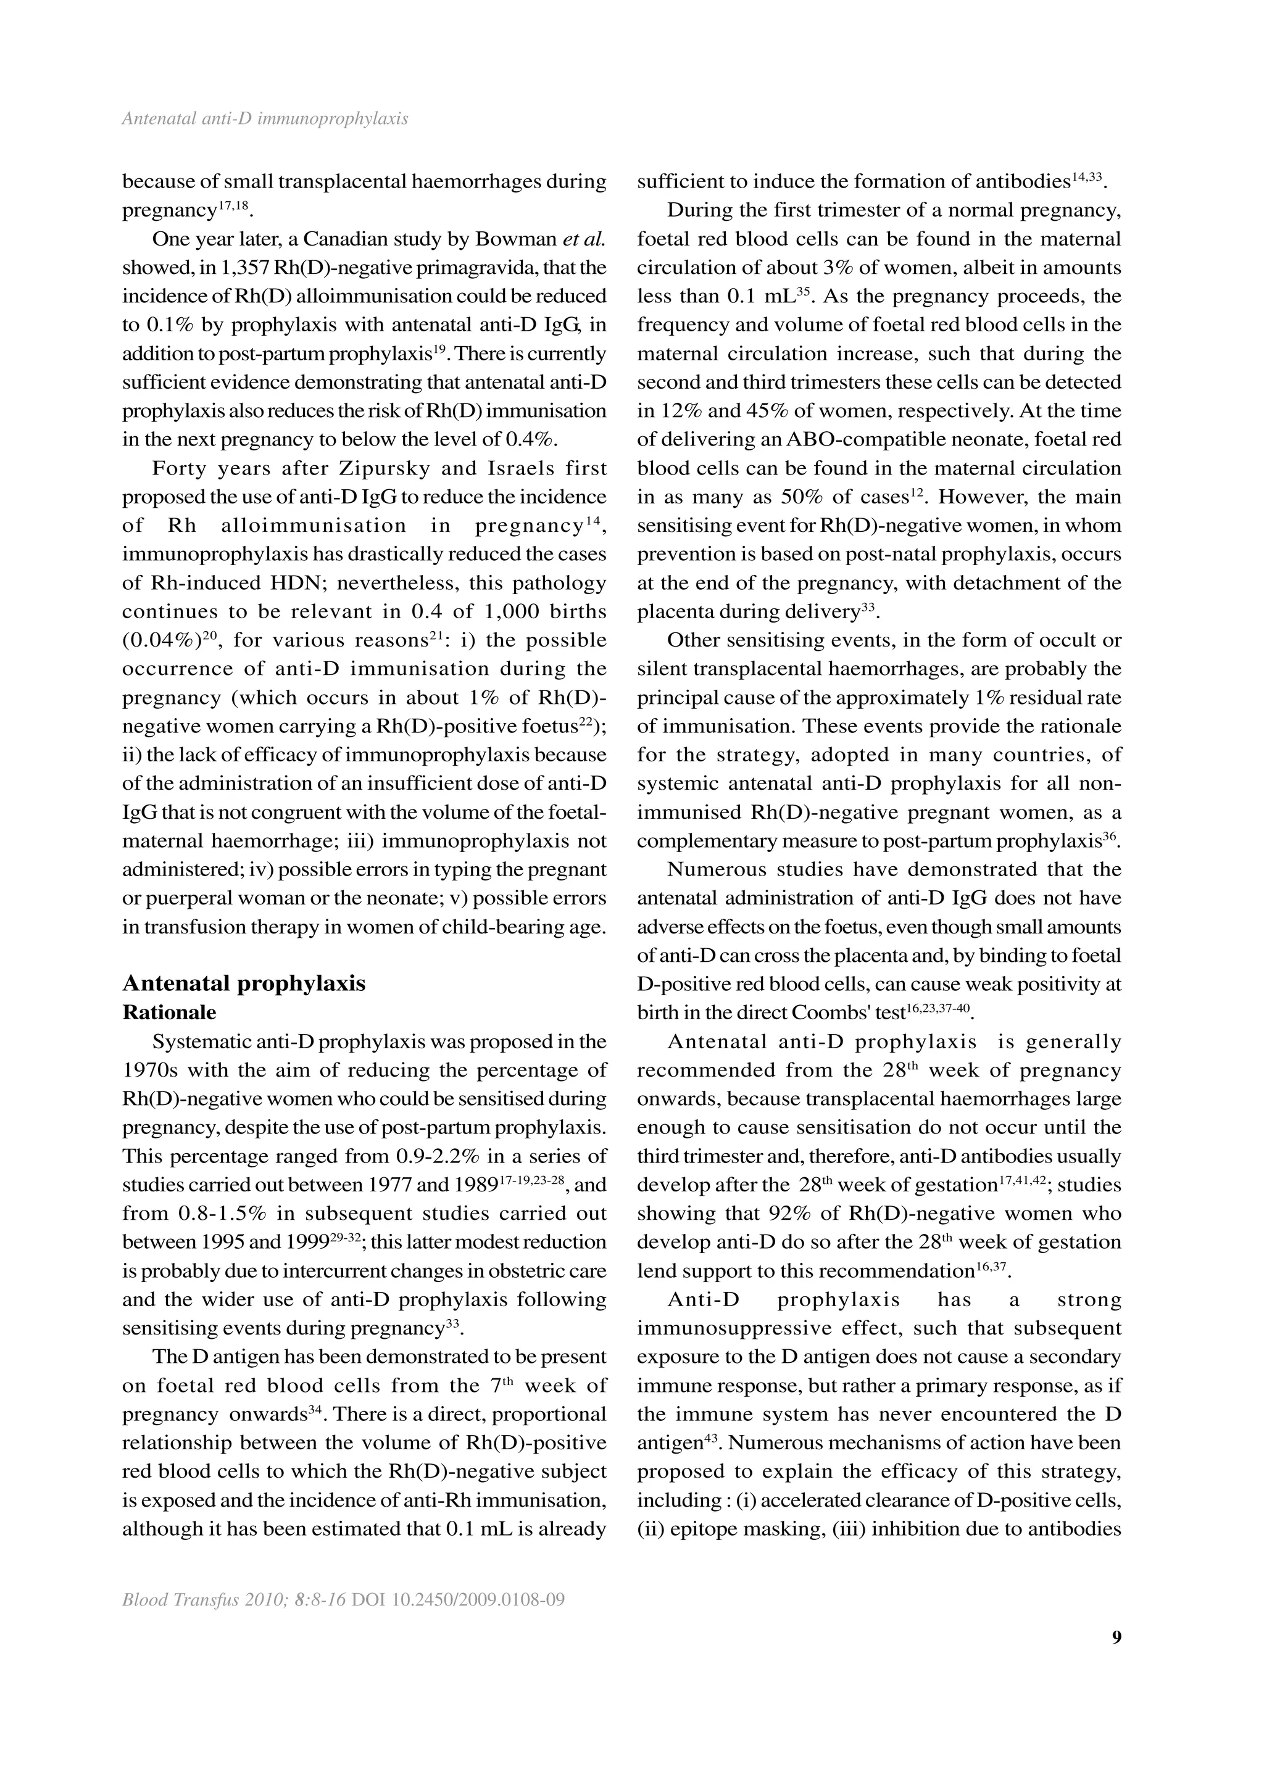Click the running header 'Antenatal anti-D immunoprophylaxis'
coord(265,119)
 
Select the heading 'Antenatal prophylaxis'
coord(244,983)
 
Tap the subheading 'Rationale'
coord(169,1012)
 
